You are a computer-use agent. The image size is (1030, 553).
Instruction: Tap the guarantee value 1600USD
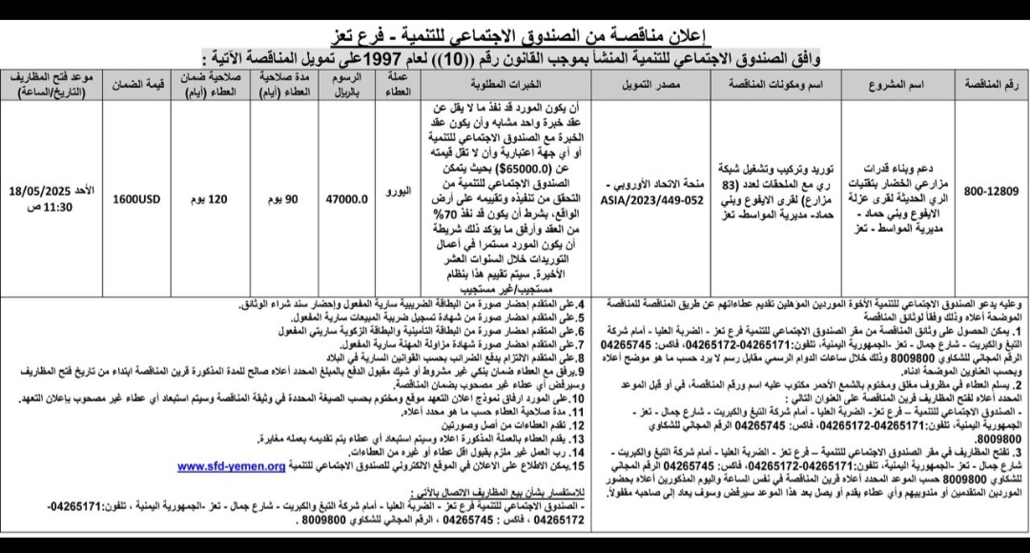(140, 200)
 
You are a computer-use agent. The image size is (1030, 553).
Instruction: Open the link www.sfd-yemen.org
(231, 466)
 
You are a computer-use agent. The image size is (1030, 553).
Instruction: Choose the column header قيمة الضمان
(140, 83)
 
